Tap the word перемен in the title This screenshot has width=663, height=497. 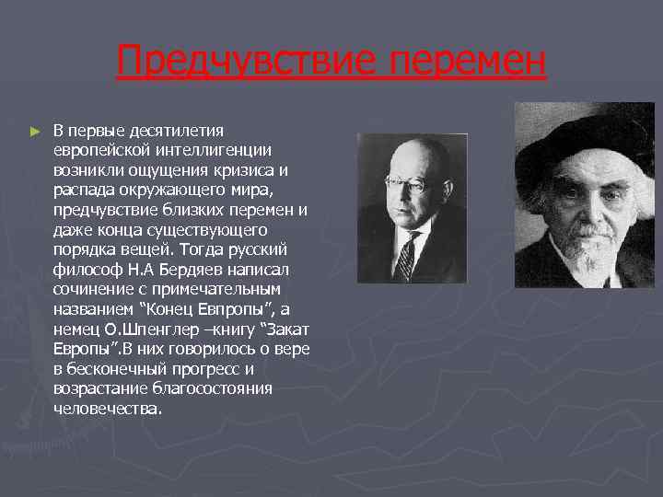pyautogui.click(x=467, y=63)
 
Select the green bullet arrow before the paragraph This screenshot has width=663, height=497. pyautogui.click(x=35, y=132)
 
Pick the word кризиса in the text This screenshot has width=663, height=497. pyautogui.click(x=246, y=169)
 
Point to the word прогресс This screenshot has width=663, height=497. pyautogui.click(x=198, y=368)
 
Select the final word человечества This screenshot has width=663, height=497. pyautogui.click(x=107, y=408)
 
